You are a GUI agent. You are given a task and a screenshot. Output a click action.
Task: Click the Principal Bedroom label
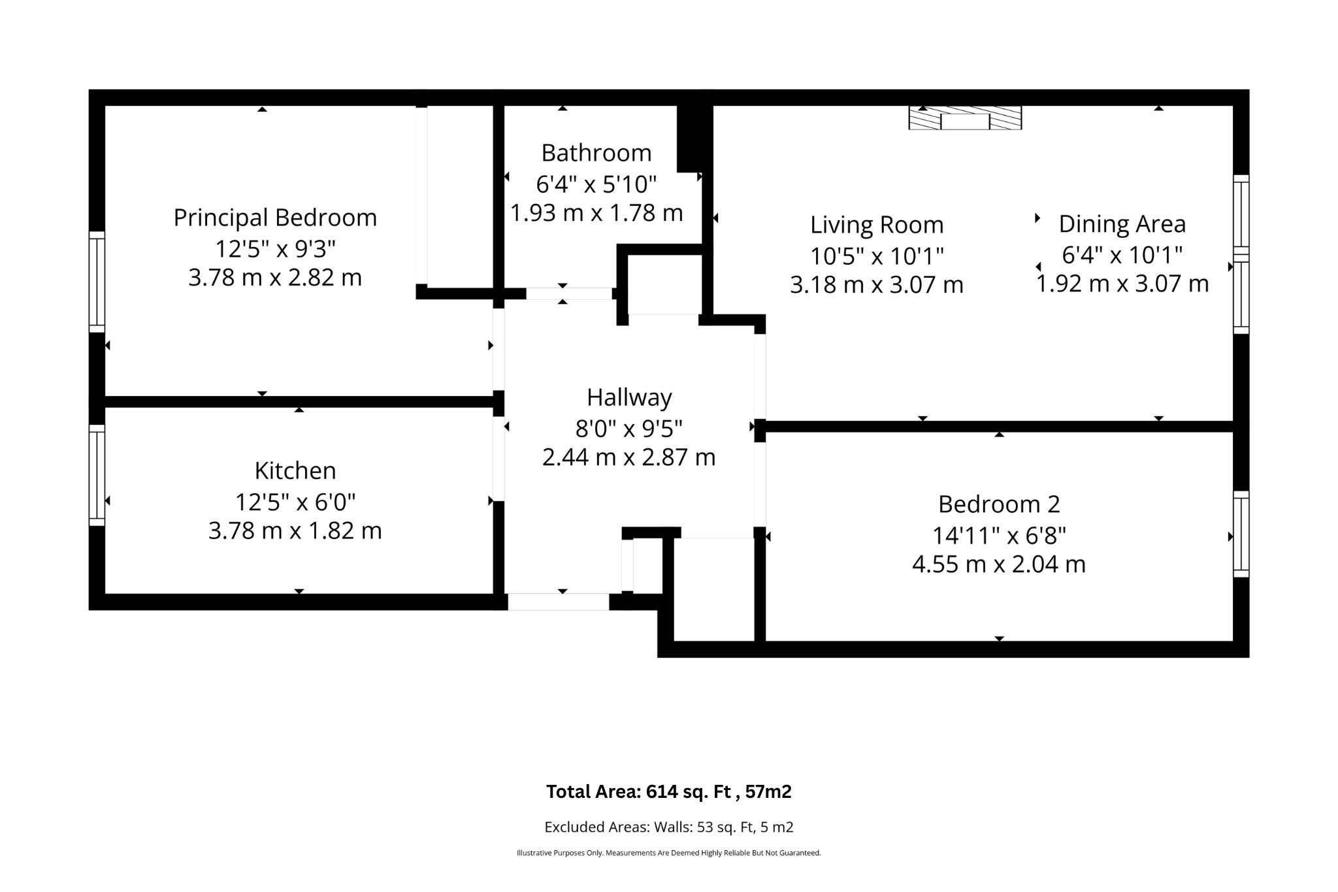click(x=275, y=218)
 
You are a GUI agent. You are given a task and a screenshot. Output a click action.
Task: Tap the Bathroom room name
click(x=596, y=153)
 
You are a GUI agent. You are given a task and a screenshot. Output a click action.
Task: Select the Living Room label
click(x=877, y=225)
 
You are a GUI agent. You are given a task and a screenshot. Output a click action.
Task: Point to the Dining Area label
click(x=1122, y=224)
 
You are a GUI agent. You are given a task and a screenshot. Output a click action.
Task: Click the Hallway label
click(x=629, y=398)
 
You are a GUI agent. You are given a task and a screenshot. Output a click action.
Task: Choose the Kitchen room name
click(x=295, y=471)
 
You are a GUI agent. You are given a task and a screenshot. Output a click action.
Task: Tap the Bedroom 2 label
click(x=999, y=504)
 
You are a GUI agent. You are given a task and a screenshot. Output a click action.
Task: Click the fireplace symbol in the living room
click(x=965, y=118)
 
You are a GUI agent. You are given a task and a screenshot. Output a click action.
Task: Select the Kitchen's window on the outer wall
click(x=97, y=475)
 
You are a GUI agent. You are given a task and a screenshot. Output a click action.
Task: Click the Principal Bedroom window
click(x=97, y=282)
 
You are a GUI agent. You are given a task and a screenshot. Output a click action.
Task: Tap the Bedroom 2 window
click(x=1241, y=534)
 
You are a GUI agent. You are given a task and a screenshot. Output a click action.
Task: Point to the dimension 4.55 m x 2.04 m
click(x=999, y=564)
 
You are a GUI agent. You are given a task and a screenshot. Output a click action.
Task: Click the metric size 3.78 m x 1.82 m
click(x=295, y=531)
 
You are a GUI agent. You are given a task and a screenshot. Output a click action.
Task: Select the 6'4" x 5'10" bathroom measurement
click(x=596, y=185)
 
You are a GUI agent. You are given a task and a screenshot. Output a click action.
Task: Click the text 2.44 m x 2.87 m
click(x=629, y=457)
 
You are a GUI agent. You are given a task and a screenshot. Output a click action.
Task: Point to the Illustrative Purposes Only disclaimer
click(x=668, y=853)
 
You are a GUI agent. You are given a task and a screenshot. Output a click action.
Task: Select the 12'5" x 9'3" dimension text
click(x=275, y=249)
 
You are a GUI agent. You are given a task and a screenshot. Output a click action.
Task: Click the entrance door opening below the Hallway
click(x=559, y=602)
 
